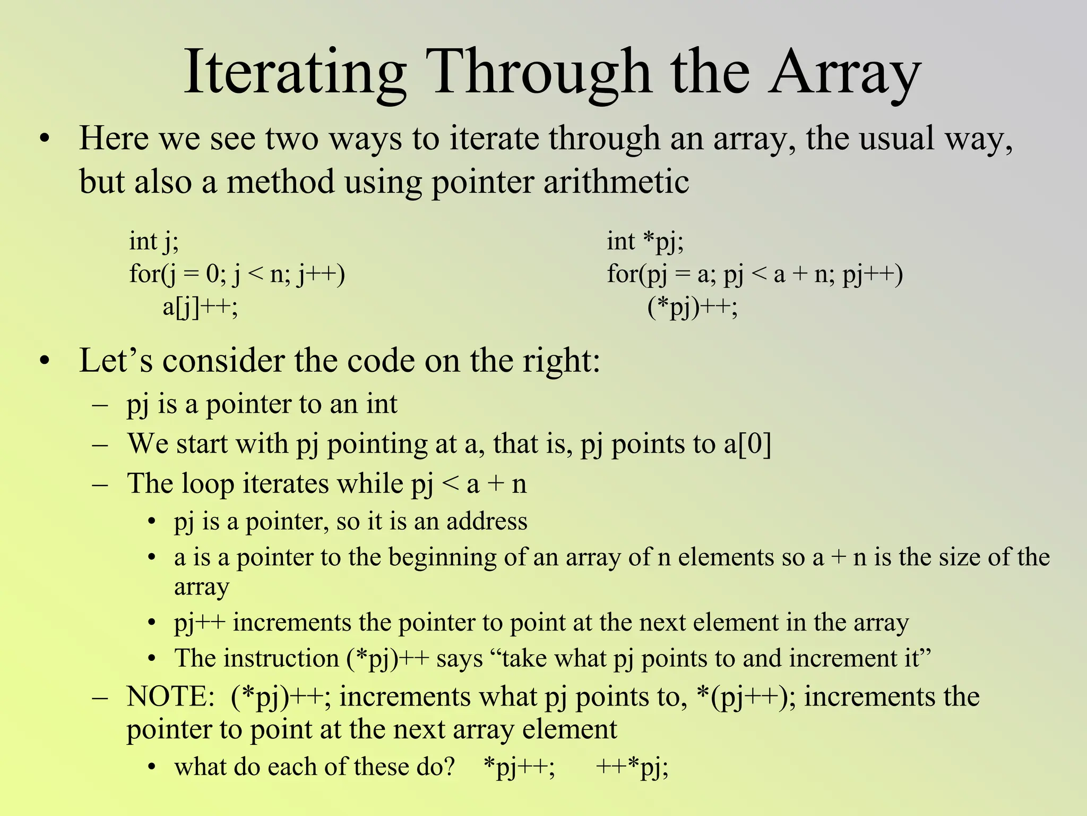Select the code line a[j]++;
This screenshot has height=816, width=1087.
200,307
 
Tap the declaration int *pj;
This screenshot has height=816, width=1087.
645,242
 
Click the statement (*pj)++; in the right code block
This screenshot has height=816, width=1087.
692,307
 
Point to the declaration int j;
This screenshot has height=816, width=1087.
154,242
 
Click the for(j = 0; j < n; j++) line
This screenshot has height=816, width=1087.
237,274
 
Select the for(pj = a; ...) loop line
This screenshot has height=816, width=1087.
755,274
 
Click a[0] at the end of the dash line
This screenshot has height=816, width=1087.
747,444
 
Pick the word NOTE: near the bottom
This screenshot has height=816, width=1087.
170,696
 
